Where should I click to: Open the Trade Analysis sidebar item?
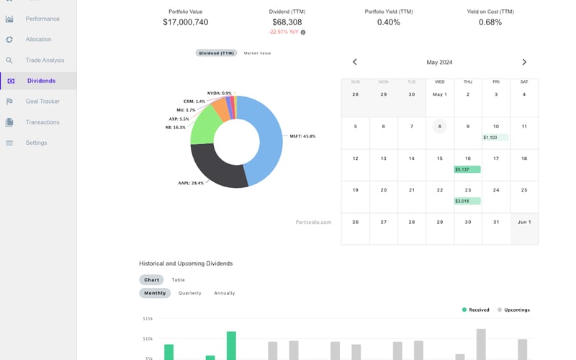tap(45, 60)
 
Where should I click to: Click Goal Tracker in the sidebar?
tap(42, 102)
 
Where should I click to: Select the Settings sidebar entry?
tap(36, 143)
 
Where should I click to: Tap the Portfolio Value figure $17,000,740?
tap(186, 22)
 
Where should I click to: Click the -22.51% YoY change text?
tap(283, 32)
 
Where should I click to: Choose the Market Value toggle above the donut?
tap(257, 53)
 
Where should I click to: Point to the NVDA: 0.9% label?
tap(220, 94)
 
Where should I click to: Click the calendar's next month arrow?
tap(524, 63)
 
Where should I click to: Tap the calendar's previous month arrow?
tap(355, 63)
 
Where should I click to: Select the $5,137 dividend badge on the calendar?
tap(467, 169)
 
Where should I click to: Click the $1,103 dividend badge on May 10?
tap(495, 137)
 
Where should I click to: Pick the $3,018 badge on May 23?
tap(467, 201)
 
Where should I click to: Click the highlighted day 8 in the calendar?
tap(439, 127)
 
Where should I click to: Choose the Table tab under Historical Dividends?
tap(178, 280)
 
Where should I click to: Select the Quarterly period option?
tap(190, 293)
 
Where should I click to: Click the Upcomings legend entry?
tap(516, 310)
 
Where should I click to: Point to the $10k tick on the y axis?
tap(148, 338)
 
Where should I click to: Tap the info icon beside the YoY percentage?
tap(303, 32)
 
